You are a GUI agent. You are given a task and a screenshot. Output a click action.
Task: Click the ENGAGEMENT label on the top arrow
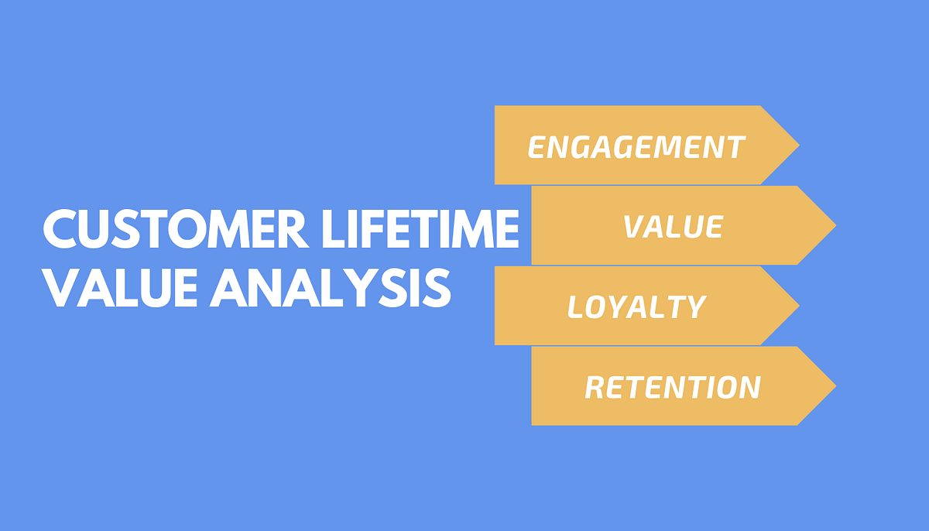pos(636,147)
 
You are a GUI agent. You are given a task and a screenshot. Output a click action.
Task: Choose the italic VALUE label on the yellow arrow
pos(673,227)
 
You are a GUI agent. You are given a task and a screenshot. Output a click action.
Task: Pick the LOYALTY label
pos(636,307)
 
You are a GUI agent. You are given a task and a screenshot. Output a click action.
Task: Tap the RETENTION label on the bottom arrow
pos(672,387)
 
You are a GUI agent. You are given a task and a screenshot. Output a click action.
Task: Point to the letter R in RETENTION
pos(595,387)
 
